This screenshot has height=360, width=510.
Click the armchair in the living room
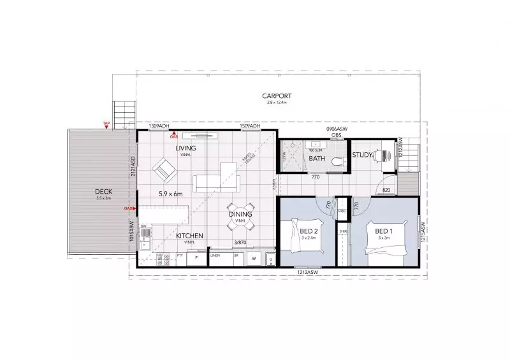[163, 169]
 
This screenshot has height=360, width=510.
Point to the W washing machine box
[254, 259]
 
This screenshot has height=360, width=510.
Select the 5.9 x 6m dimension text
[170, 193]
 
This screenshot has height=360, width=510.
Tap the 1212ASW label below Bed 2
[307, 273]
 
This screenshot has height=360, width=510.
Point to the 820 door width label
[386, 190]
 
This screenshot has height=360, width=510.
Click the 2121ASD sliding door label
[133, 167]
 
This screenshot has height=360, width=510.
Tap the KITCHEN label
[190, 236]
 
